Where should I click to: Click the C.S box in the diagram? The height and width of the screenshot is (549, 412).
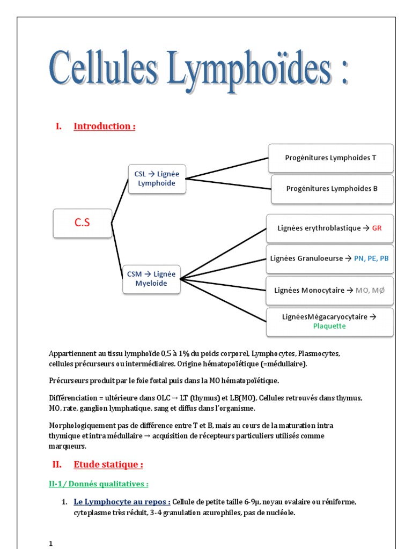82,223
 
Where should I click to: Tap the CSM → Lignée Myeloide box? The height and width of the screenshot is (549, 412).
151,279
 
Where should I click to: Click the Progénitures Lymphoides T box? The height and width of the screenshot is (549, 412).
331,158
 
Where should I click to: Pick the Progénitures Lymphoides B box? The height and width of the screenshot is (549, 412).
332,189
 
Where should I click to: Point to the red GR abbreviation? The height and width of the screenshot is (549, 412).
377,228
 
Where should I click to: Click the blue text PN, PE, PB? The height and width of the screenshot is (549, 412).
371,258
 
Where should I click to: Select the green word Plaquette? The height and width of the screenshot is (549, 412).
329,326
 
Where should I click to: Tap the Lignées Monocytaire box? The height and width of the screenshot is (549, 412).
329,290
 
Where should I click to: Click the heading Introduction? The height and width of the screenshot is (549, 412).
104,127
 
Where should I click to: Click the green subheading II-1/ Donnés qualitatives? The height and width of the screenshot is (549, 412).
99,484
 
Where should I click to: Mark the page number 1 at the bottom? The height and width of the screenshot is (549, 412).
51,544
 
